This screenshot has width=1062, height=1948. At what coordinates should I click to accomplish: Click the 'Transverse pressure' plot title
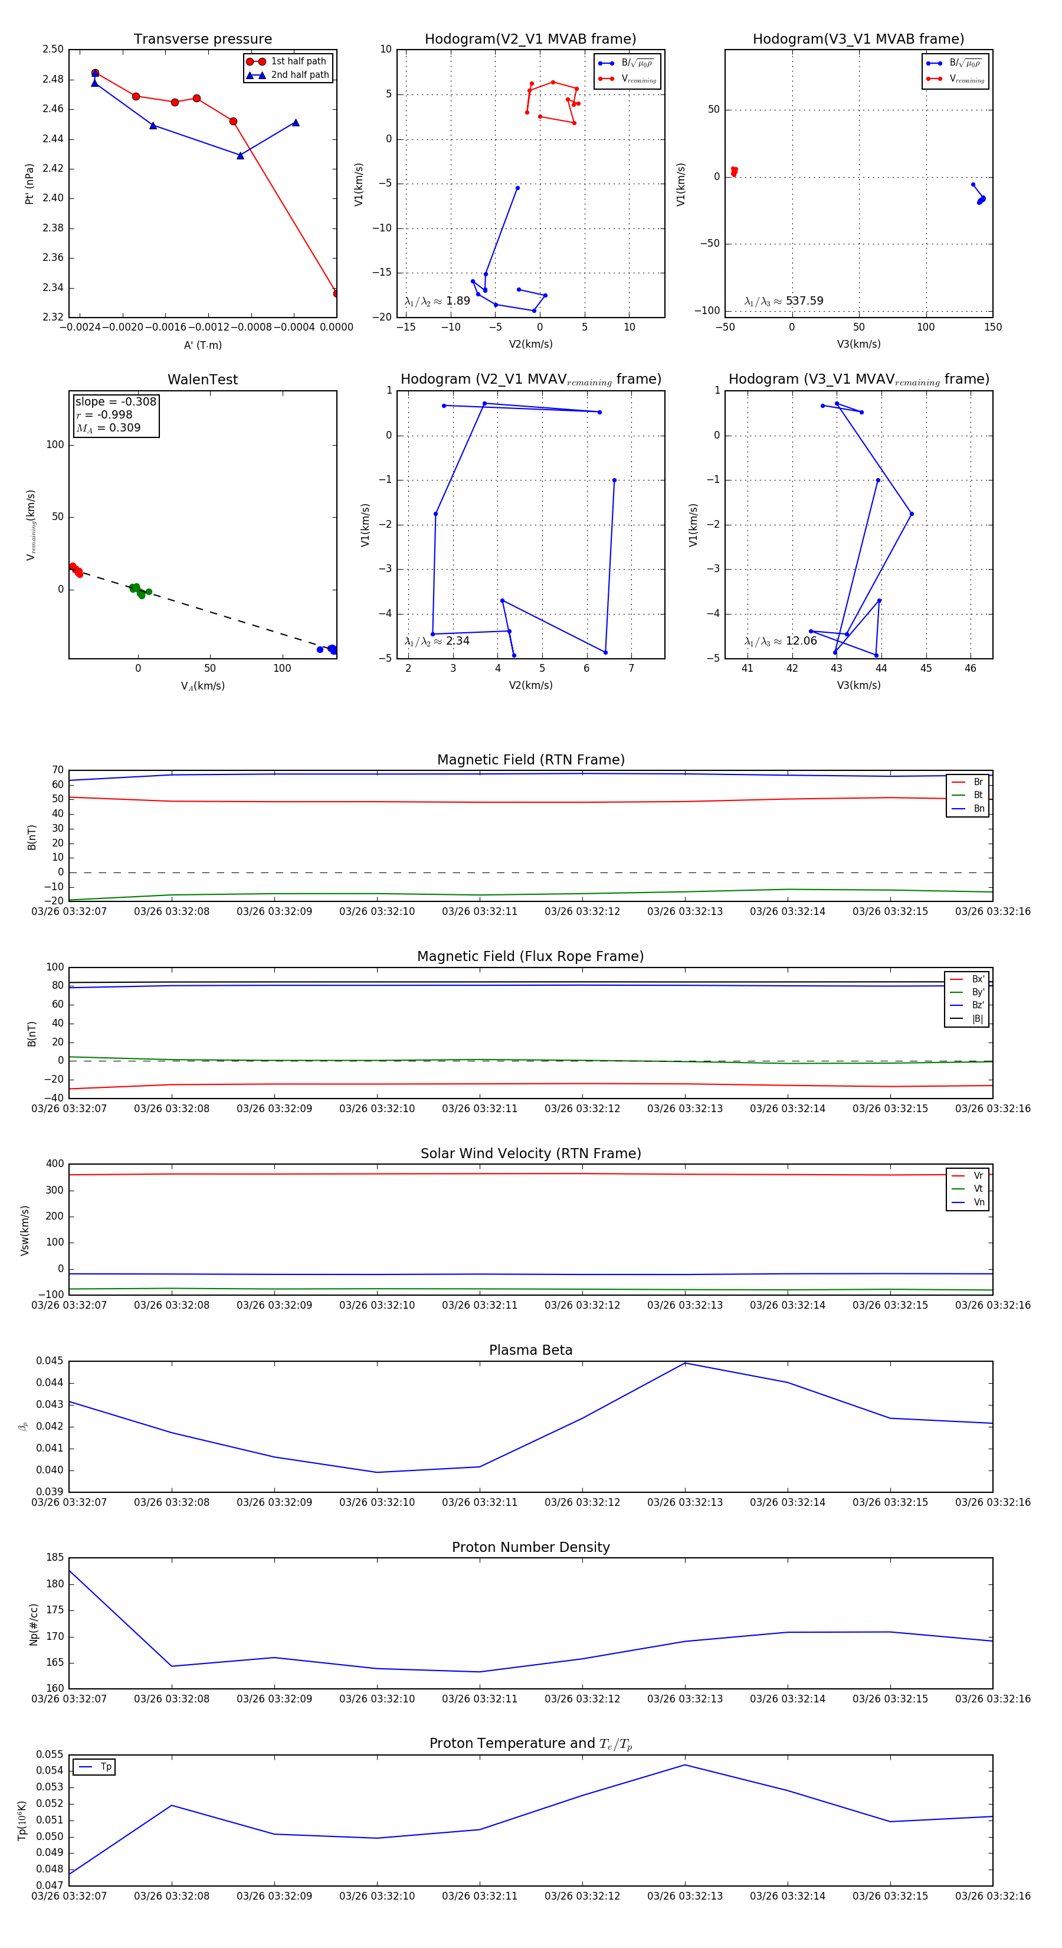(x=202, y=40)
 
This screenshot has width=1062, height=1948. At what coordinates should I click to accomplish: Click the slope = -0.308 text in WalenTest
(x=116, y=401)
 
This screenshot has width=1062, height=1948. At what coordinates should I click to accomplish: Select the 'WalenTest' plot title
(x=202, y=380)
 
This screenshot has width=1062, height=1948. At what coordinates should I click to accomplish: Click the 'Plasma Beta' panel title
(x=530, y=1351)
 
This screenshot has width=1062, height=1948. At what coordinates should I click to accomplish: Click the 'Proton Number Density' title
(x=530, y=1547)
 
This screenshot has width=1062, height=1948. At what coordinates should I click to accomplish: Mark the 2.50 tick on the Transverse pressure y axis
(x=53, y=49)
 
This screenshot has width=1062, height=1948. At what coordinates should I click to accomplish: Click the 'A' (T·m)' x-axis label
(x=202, y=345)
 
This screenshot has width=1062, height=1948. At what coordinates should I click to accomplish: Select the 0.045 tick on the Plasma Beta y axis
(x=50, y=1361)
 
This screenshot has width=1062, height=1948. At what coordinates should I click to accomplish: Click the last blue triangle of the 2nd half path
(x=296, y=123)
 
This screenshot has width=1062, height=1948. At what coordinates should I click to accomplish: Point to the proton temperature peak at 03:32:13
(x=685, y=1765)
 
